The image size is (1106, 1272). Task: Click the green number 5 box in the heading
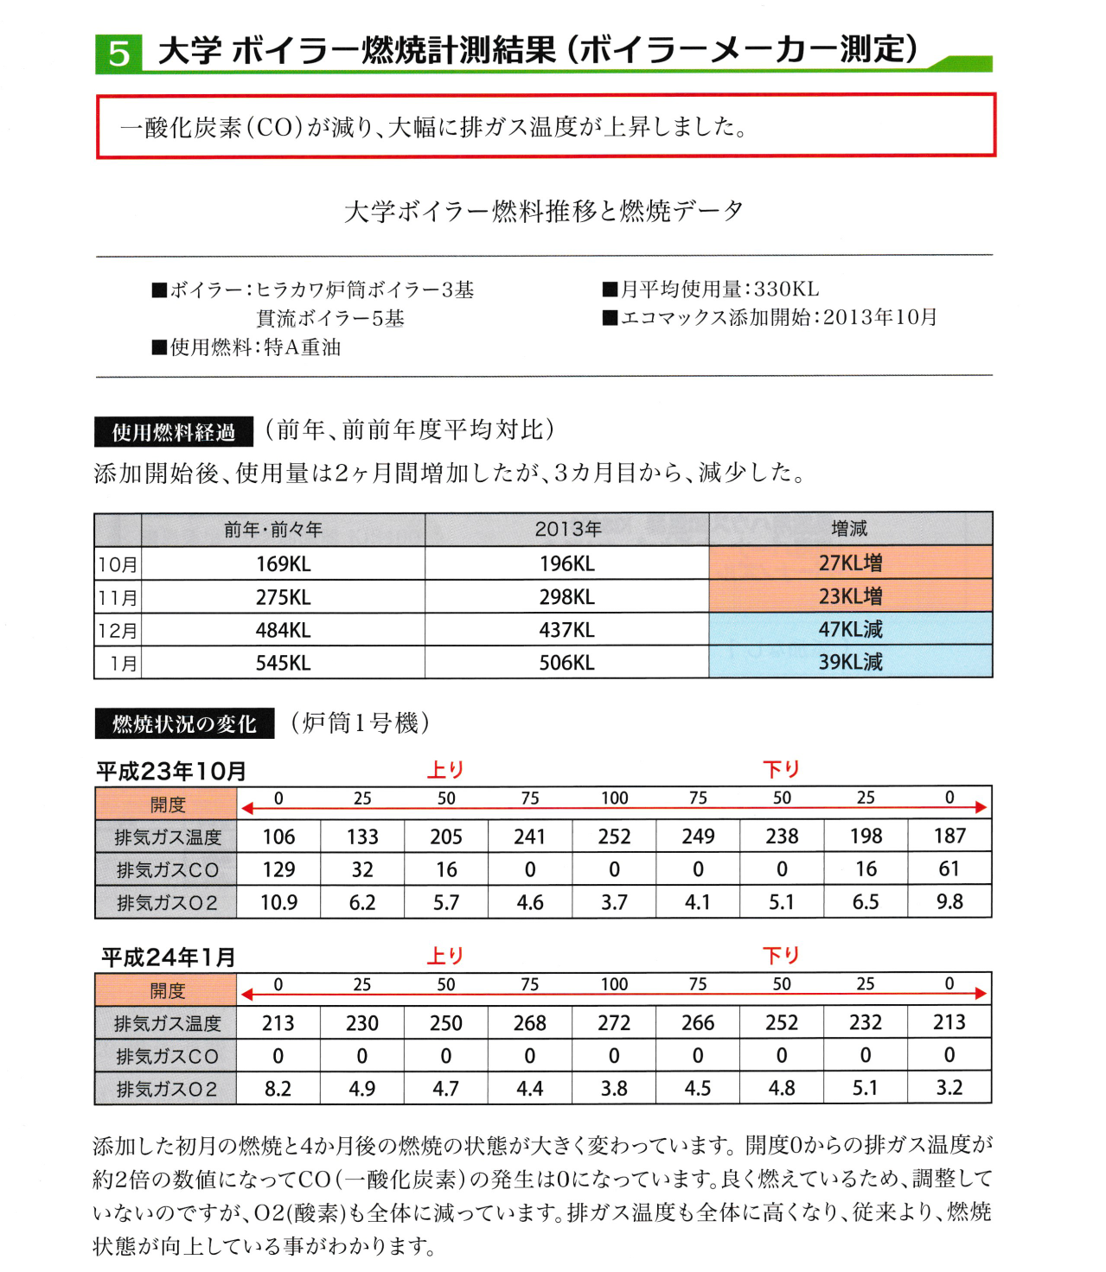tap(118, 54)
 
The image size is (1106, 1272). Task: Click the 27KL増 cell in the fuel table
tap(850, 563)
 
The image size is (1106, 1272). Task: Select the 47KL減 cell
tap(850, 630)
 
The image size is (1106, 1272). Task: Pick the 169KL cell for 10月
tap(283, 564)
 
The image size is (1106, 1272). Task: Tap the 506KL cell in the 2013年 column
tap(566, 663)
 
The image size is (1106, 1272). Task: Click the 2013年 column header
tap(567, 529)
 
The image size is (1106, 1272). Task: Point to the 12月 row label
tap(118, 631)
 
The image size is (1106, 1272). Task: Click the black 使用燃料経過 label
tap(173, 432)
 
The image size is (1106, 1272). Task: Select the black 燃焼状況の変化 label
tap(184, 724)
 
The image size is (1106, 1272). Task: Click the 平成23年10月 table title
tap(171, 771)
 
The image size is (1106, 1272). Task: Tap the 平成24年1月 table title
tap(169, 957)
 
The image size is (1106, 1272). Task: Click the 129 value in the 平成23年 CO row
tap(278, 870)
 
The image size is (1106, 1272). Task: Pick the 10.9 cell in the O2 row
tap(278, 903)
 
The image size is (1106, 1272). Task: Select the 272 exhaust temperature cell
tap(614, 1023)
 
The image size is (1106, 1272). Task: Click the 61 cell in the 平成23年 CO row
tap(949, 869)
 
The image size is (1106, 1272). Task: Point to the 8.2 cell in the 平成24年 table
tap(278, 1089)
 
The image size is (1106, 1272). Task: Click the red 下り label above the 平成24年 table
tap(781, 956)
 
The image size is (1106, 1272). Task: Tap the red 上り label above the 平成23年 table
tap(446, 769)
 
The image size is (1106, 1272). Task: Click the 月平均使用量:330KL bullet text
tap(711, 289)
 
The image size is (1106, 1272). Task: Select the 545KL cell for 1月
tap(283, 664)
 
